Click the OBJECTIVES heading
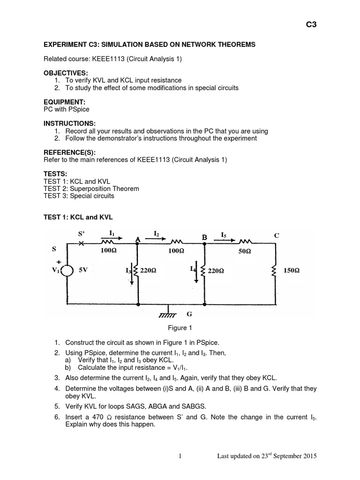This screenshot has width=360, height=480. coord(66,74)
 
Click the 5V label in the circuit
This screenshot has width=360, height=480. coord(84,271)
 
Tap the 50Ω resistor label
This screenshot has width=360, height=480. coord(245,252)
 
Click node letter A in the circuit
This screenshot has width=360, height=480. coord(138,239)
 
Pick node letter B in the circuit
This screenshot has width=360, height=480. coord(205,238)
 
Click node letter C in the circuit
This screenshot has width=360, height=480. coord(277,236)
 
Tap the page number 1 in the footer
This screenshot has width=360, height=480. coord(180,456)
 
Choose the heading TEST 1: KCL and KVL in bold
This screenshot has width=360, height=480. coord(78,217)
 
